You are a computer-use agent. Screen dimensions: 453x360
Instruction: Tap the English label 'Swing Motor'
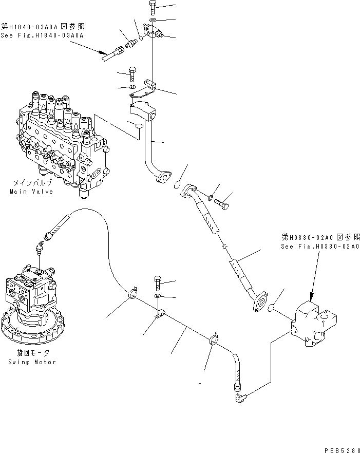(x=32, y=362)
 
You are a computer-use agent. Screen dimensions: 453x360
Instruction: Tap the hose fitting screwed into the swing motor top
(x=41, y=250)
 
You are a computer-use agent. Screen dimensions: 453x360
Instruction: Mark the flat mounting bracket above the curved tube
(x=150, y=88)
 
